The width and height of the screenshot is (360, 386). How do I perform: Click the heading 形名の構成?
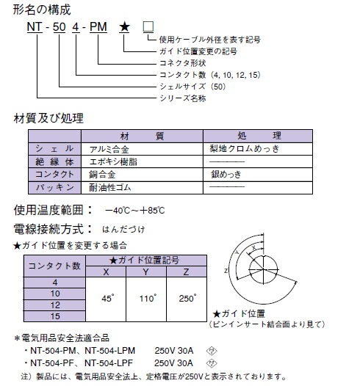pyautogui.click(x=42, y=10)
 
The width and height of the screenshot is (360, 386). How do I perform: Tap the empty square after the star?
pyautogui.click(x=148, y=28)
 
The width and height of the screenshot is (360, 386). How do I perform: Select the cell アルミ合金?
pyautogui.click(x=110, y=149)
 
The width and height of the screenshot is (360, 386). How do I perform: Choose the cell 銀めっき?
pyautogui.click(x=226, y=175)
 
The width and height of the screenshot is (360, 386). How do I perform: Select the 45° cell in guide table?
pyautogui.click(x=107, y=299)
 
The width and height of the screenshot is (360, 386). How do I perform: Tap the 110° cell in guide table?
pyautogui.click(x=148, y=299)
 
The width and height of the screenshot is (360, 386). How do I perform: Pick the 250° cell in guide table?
pyautogui.click(x=188, y=299)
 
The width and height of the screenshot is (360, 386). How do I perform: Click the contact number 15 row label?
pyautogui.click(x=54, y=316)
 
